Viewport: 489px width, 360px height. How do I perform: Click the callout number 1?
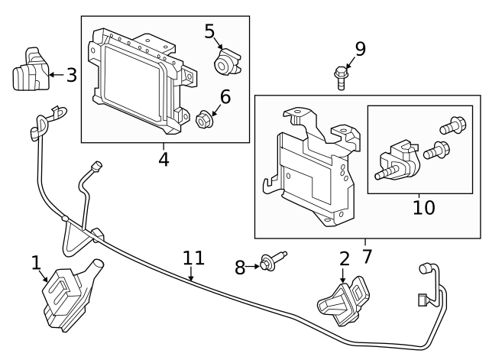(x=36, y=263)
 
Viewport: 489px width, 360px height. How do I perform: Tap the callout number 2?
(x=344, y=258)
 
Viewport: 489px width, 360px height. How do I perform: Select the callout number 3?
(x=71, y=75)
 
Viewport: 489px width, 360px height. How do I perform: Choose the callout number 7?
(x=366, y=255)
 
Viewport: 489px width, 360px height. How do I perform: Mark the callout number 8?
(x=240, y=267)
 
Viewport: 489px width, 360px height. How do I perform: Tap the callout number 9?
(x=360, y=49)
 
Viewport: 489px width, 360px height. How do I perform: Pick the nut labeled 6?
(x=204, y=119)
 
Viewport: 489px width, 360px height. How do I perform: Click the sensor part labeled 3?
(x=29, y=72)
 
